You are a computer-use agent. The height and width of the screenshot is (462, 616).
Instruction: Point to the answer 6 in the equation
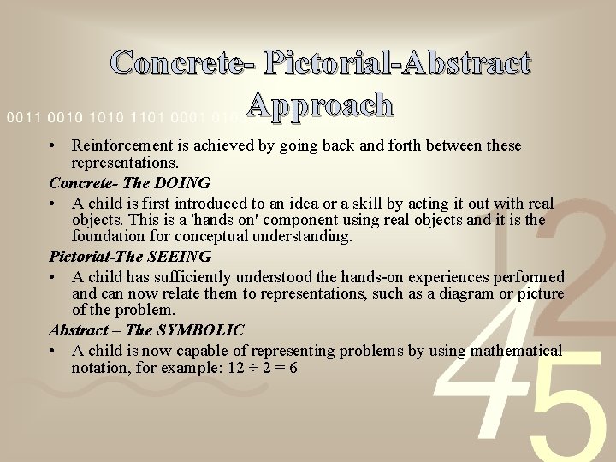click(x=293, y=367)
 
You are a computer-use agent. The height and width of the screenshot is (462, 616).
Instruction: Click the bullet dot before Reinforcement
click(x=53, y=146)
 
